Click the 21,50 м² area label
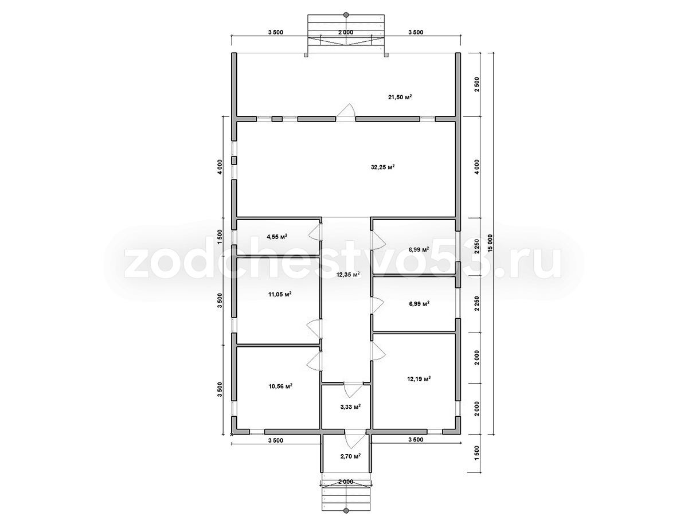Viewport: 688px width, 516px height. point(400,97)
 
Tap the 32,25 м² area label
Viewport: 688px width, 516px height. point(382,167)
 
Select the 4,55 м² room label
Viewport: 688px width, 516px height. point(277,237)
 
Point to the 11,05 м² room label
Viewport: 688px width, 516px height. point(280,294)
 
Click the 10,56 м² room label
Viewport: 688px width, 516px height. point(280,386)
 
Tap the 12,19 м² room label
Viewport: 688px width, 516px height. point(419,379)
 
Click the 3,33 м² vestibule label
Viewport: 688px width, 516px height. point(350,407)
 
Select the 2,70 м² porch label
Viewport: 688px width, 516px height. point(350,456)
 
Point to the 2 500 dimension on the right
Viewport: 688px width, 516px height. point(477,84)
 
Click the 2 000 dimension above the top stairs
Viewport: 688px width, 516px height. point(346,32)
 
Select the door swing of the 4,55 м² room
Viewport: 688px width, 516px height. point(315,232)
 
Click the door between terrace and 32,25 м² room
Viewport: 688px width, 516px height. point(346,112)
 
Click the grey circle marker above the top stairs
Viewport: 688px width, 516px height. point(346,14)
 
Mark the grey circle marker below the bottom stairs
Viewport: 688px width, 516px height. point(346,510)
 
